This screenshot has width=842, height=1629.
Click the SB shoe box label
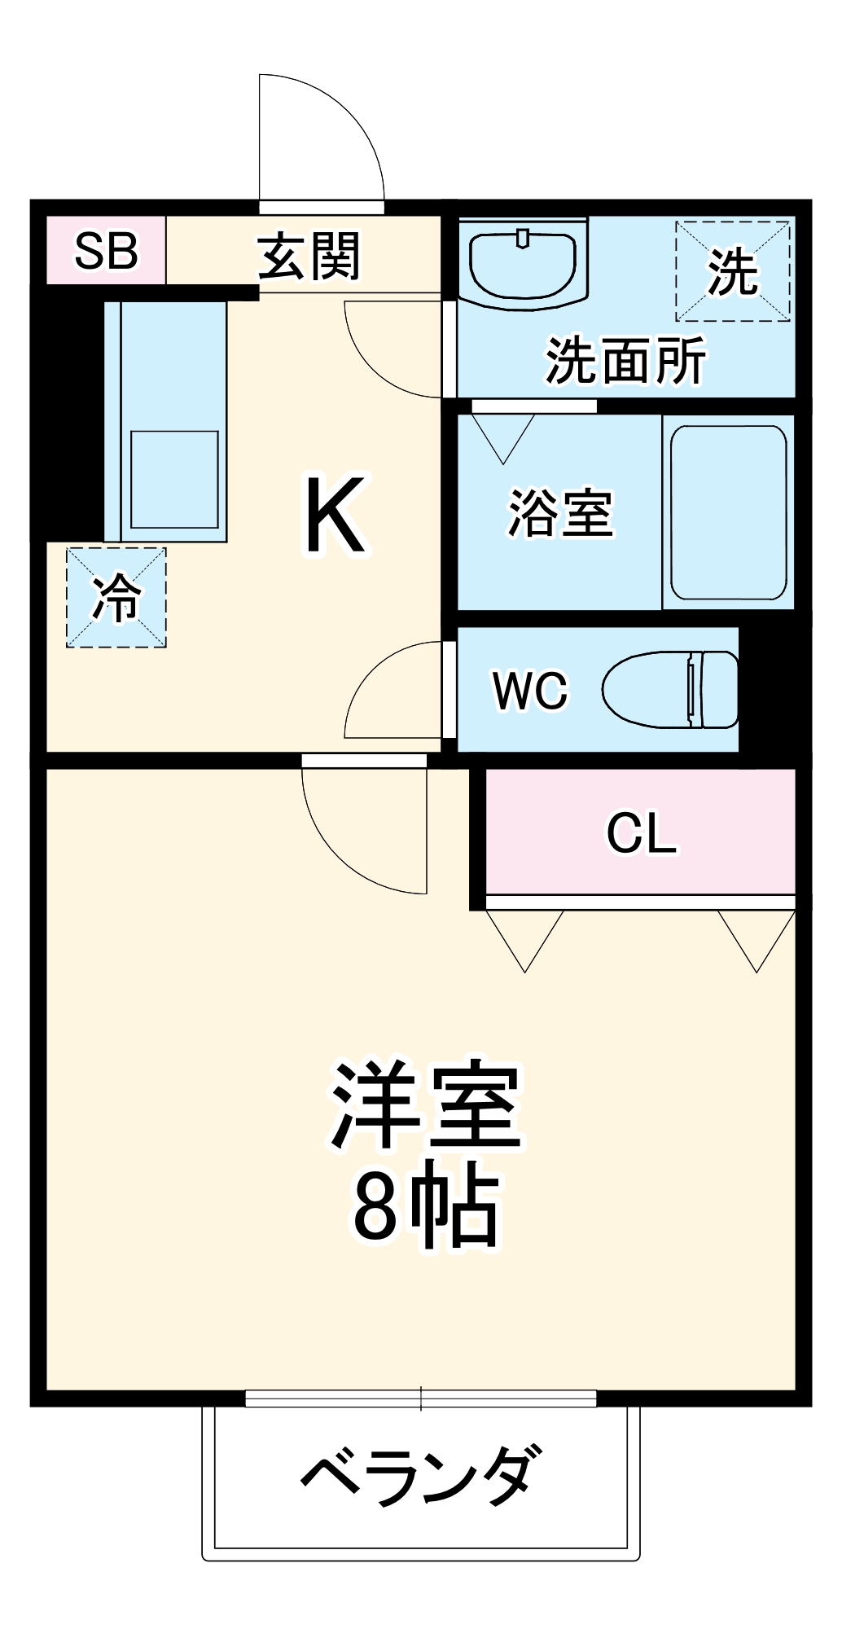106,251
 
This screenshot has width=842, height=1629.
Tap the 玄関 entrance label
309,257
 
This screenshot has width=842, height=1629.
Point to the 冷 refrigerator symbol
116,597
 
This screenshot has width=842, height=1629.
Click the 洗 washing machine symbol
733,271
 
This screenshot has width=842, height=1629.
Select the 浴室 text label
560,513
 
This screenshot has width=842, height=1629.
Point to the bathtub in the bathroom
728,512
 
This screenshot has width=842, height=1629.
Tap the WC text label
530,691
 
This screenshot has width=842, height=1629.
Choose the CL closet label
641,832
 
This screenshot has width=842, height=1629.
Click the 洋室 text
425,1106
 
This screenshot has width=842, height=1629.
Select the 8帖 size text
425,1209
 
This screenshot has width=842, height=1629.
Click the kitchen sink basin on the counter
174,479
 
